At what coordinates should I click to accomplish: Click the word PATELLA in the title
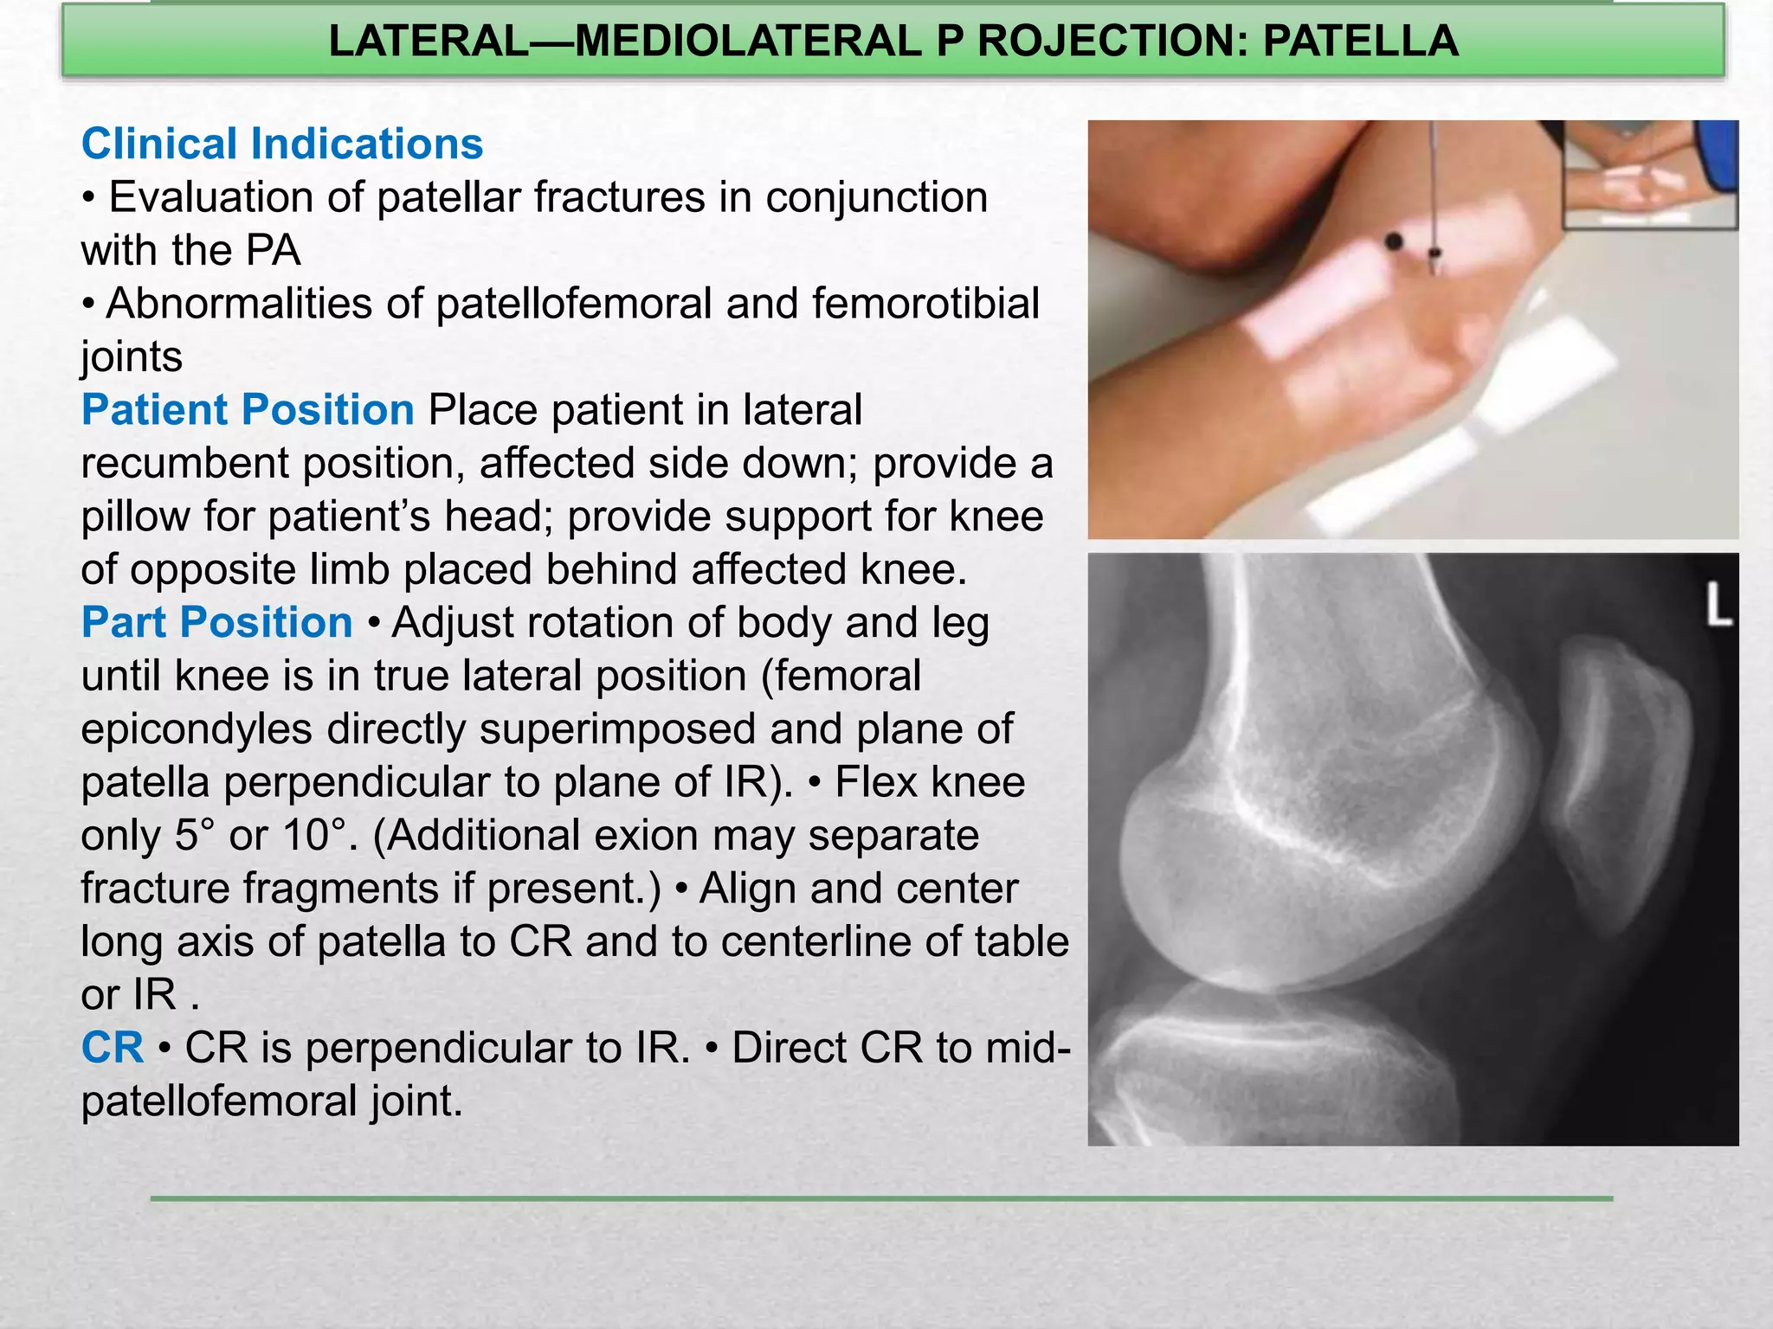coord(1360,42)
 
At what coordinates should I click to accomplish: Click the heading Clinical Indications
coord(282,144)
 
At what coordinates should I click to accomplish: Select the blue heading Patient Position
coord(248,409)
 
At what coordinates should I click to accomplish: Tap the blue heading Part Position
coord(216,622)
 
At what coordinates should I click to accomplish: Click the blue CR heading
coord(113,1048)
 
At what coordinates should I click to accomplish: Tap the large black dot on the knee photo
coord(1394,242)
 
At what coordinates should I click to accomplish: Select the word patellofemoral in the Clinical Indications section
coord(573,304)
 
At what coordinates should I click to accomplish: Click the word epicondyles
coord(197,729)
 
